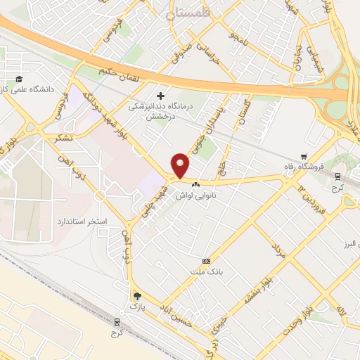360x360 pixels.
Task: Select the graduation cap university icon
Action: pos(20,78)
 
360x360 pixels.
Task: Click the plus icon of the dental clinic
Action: pos(161,95)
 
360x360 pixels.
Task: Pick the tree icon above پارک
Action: pos(138,296)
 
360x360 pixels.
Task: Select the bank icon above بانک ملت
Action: pos(205,260)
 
